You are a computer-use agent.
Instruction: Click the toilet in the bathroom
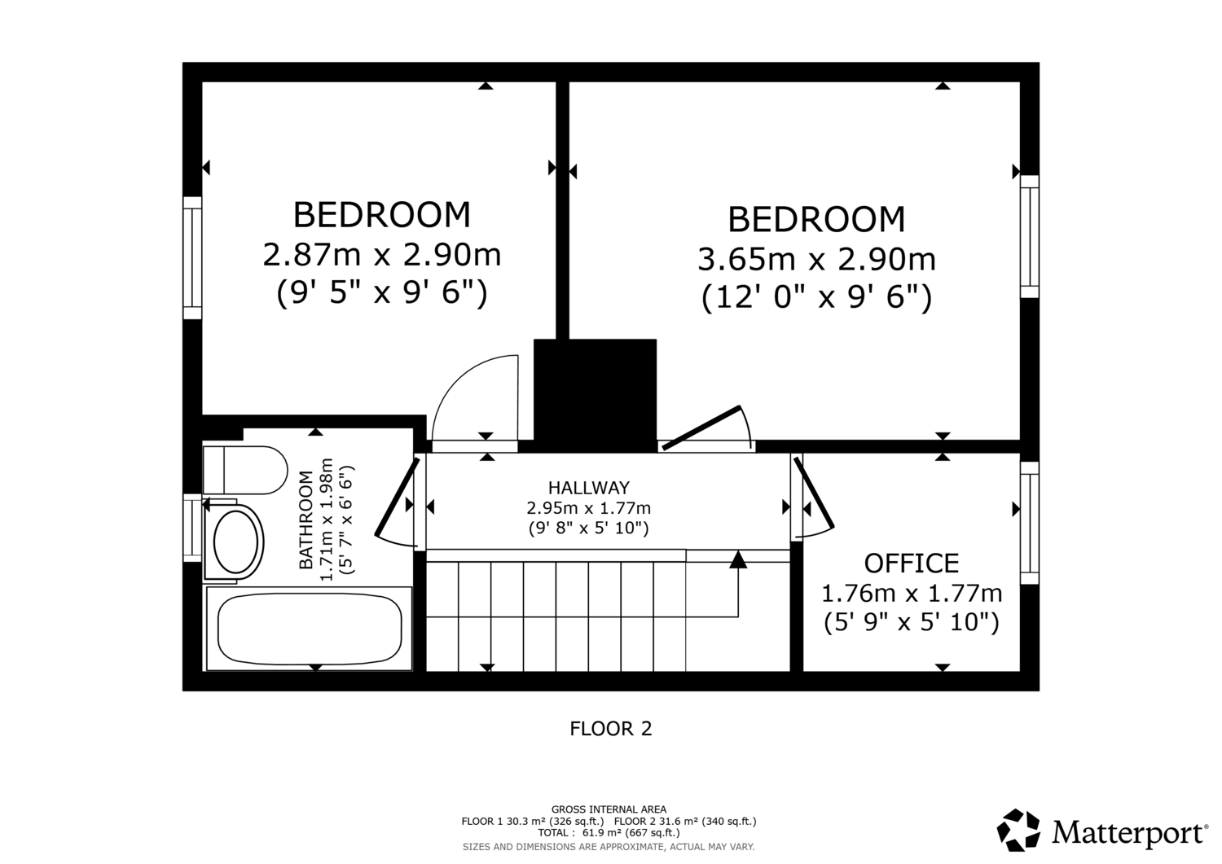(x=245, y=470)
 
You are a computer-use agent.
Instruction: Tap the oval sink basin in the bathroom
(x=235, y=542)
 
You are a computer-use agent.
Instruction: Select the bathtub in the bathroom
(x=310, y=629)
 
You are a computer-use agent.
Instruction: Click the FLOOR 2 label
(x=611, y=729)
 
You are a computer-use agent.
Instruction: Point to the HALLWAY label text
(x=589, y=487)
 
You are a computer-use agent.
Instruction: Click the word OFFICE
(x=912, y=564)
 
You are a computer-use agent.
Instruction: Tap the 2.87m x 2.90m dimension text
(x=382, y=255)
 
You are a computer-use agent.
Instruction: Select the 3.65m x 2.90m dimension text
(x=816, y=260)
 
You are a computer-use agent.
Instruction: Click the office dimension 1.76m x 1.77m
(x=912, y=594)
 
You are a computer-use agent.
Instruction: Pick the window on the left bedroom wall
(x=192, y=258)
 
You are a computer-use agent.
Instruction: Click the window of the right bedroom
(x=1030, y=237)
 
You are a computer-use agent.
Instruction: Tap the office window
(x=1030, y=523)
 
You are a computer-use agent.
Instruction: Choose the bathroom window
(x=192, y=528)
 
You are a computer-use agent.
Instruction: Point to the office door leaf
(x=814, y=493)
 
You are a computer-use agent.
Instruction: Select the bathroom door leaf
(x=398, y=497)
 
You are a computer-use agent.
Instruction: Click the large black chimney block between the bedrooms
(x=596, y=396)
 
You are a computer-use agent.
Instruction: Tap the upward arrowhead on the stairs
(x=738, y=559)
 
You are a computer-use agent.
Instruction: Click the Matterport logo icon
(x=1018, y=830)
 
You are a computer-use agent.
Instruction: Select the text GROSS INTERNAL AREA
(x=609, y=809)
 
